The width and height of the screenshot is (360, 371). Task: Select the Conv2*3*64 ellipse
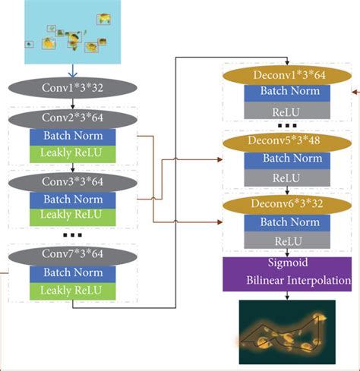(x=73, y=118)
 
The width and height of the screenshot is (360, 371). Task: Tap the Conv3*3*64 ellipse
(x=73, y=182)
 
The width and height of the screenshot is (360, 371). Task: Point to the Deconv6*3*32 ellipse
(x=286, y=203)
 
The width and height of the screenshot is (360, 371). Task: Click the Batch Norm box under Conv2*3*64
(x=73, y=136)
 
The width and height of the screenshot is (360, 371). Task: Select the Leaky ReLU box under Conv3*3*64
(x=73, y=216)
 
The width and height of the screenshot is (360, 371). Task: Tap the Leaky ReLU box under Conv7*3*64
(x=73, y=290)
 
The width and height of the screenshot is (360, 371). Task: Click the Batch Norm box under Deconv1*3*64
(x=286, y=92)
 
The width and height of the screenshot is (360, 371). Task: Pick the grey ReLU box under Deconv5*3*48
(x=286, y=177)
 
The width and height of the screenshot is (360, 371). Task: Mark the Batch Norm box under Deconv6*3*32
(x=286, y=222)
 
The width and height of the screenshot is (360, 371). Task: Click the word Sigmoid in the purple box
(x=286, y=265)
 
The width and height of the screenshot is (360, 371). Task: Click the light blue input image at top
(x=73, y=32)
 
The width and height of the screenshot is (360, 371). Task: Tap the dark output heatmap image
(x=286, y=332)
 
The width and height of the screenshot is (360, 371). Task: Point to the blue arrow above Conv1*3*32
(x=73, y=71)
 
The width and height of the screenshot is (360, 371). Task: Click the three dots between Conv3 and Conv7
(x=73, y=235)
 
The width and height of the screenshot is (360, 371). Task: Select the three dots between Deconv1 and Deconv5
(x=286, y=124)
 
